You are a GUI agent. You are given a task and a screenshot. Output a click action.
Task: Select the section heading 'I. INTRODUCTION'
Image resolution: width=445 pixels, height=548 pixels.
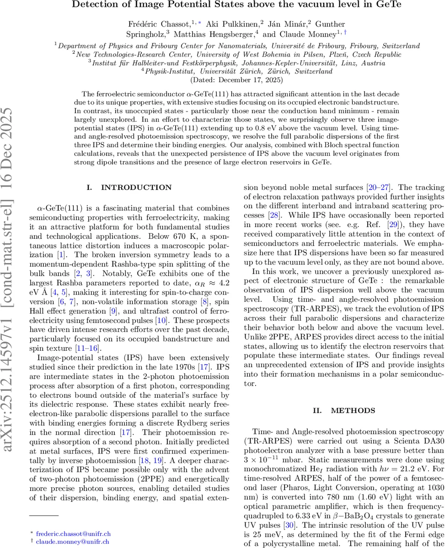click(x=130, y=187)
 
